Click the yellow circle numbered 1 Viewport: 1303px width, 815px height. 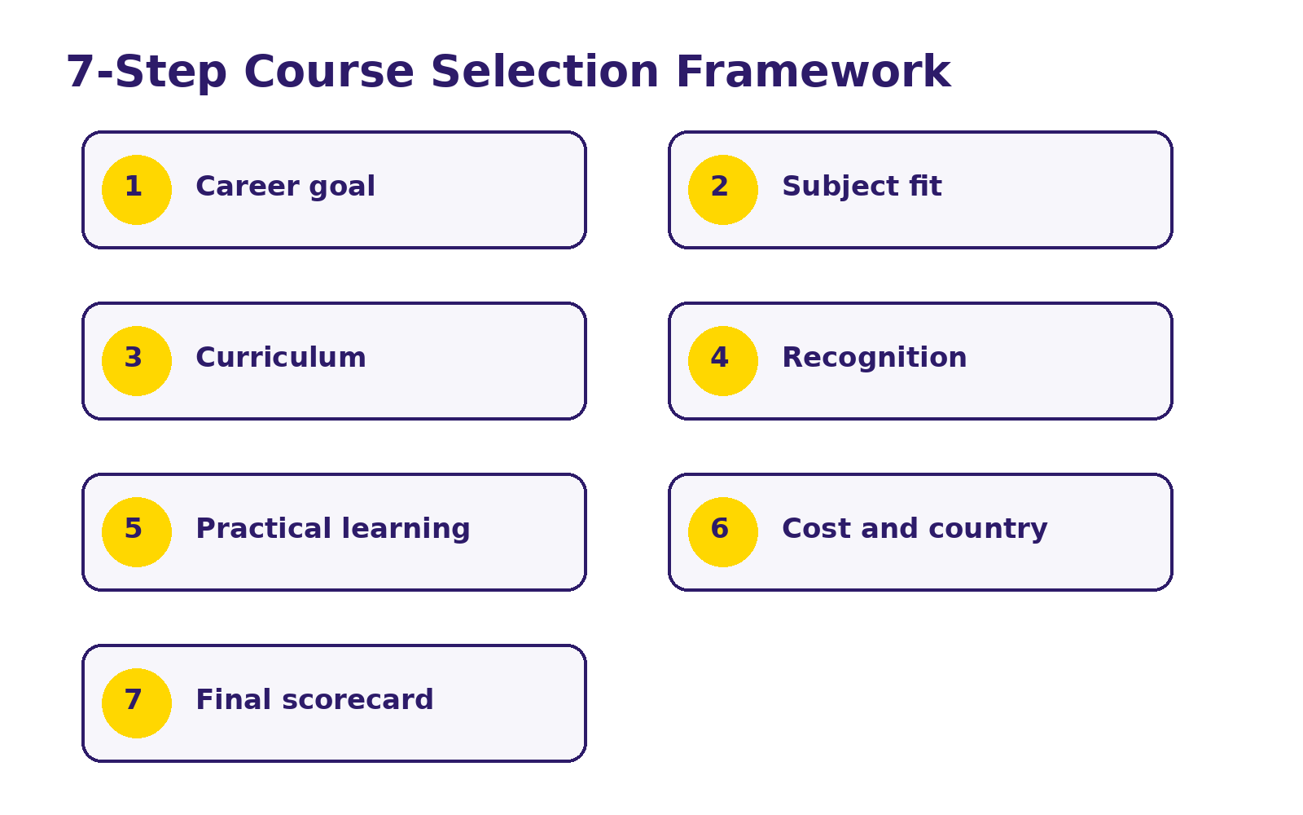coord(137,190)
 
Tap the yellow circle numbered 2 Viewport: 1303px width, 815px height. coord(723,190)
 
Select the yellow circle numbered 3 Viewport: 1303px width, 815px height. coord(137,361)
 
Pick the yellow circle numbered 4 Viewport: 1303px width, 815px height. coord(723,361)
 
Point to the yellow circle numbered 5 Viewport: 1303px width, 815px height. coord(137,532)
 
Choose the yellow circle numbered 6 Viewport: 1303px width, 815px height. coord(723,532)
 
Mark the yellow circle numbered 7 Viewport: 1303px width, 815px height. coord(137,703)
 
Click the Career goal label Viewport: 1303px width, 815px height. coord(286,187)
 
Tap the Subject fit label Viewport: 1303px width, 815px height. coord(862,187)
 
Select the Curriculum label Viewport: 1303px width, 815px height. coord(281,358)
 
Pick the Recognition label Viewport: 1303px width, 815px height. coord(875,359)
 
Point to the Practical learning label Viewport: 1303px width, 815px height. coord(333,530)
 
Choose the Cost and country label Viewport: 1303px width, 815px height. coord(915,530)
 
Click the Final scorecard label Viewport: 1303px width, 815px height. coord(314,700)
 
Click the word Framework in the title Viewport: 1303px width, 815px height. coord(814,72)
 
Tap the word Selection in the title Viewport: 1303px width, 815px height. coord(545,72)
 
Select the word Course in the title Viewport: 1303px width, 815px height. coord(329,72)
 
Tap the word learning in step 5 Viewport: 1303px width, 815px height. coord(406,530)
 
